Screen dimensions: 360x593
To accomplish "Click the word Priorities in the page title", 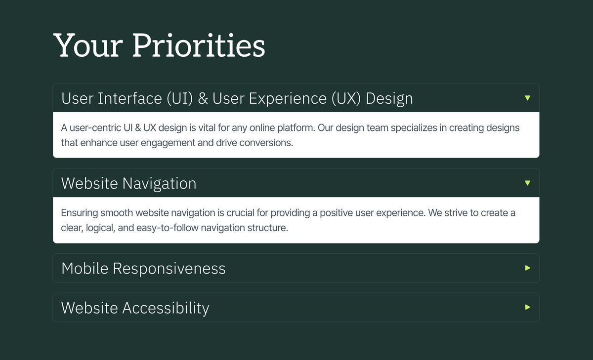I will point(199,46).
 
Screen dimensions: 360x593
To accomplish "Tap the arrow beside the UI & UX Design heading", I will point(527,98).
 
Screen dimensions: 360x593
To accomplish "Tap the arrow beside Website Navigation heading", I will point(527,183).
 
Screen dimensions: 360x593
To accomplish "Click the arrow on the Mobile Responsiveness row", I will point(527,268).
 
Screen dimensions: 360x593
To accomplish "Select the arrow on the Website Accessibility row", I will point(527,308).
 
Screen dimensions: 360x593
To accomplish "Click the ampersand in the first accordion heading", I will point(203,99).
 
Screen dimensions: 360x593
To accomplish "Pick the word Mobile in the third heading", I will point(85,269).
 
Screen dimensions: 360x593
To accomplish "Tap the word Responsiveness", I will point(169,269).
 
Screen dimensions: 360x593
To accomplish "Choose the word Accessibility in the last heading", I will point(166,308).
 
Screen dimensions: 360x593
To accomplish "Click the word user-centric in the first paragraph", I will point(96,128).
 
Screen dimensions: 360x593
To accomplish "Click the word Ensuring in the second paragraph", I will point(79,213).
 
